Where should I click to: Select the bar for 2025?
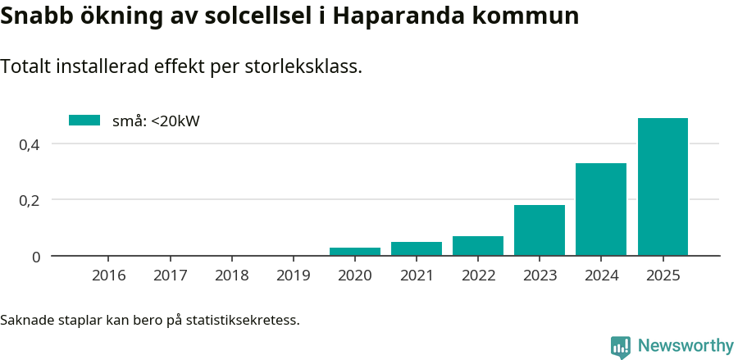tap(663, 187)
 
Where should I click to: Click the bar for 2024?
tap(601, 209)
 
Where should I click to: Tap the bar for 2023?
tap(540, 230)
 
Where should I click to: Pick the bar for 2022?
tap(478, 246)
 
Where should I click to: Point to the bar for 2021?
tap(417, 248)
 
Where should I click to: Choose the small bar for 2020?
tap(355, 252)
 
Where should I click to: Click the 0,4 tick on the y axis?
tap(30, 144)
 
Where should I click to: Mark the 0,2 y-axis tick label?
tap(30, 200)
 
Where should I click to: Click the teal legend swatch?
tap(84, 121)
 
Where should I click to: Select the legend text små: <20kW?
tap(156, 121)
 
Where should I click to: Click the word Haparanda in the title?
tap(394, 16)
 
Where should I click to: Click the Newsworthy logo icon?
tap(621, 346)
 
